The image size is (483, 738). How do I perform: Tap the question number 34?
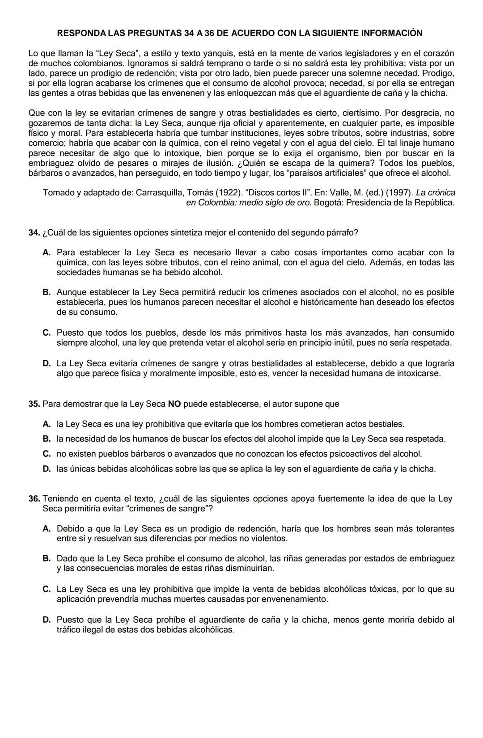[x=34, y=232]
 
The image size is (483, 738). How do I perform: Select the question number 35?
[x=34, y=404]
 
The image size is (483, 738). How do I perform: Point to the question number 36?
[x=34, y=498]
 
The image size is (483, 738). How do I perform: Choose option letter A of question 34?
[x=47, y=253]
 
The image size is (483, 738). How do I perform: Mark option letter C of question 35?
[x=47, y=454]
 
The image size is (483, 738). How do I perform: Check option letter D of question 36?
[x=47, y=620]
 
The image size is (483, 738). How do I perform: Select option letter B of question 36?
[x=47, y=558]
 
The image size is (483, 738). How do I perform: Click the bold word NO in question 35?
[x=174, y=404]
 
